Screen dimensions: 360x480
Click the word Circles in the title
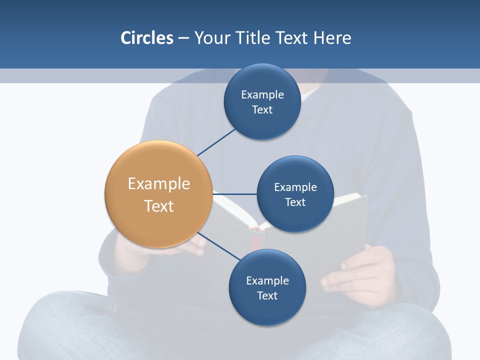tap(146, 38)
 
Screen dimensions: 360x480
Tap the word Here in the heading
tap(332, 38)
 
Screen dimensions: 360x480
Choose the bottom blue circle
tap(267, 310)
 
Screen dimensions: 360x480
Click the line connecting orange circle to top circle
tap(216, 142)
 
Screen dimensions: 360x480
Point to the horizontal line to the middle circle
tap(234, 194)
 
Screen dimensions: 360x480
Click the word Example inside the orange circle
tap(158, 183)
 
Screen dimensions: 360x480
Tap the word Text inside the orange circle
tap(158, 206)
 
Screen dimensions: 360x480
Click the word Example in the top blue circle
tap(262, 94)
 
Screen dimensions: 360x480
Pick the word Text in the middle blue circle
tap(295, 202)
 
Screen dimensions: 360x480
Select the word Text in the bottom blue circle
tap(267, 295)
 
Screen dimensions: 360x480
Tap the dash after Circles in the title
tap(183, 38)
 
